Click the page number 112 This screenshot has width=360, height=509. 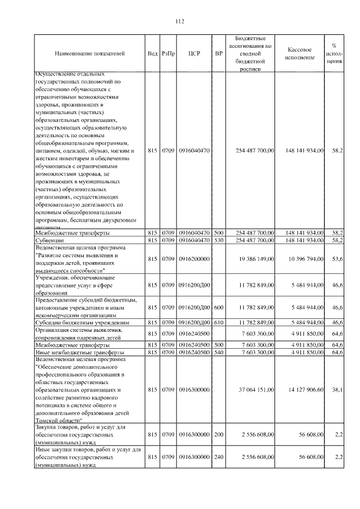[x=179, y=22]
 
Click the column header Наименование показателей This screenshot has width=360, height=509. [x=90, y=53]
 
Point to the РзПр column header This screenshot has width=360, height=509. [x=168, y=53]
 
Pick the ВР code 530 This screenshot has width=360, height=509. [x=219, y=240]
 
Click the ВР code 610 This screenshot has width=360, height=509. [x=219, y=323]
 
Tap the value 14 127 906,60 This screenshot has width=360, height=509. [x=304, y=389]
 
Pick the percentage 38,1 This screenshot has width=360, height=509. [x=337, y=389]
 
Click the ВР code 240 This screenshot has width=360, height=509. [x=219, y=458]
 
